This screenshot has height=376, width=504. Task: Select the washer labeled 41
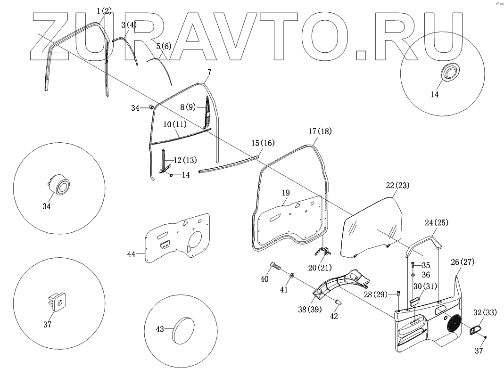coord(292,275)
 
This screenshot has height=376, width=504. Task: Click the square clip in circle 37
coord(57,300)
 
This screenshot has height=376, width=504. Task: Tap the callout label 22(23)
coord(398,186)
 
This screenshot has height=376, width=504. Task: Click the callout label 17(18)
coord(320,132)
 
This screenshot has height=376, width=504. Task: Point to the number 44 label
coord(132,254)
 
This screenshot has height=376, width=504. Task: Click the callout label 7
coord(209,72)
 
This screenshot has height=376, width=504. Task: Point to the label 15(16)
coord(263,143)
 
